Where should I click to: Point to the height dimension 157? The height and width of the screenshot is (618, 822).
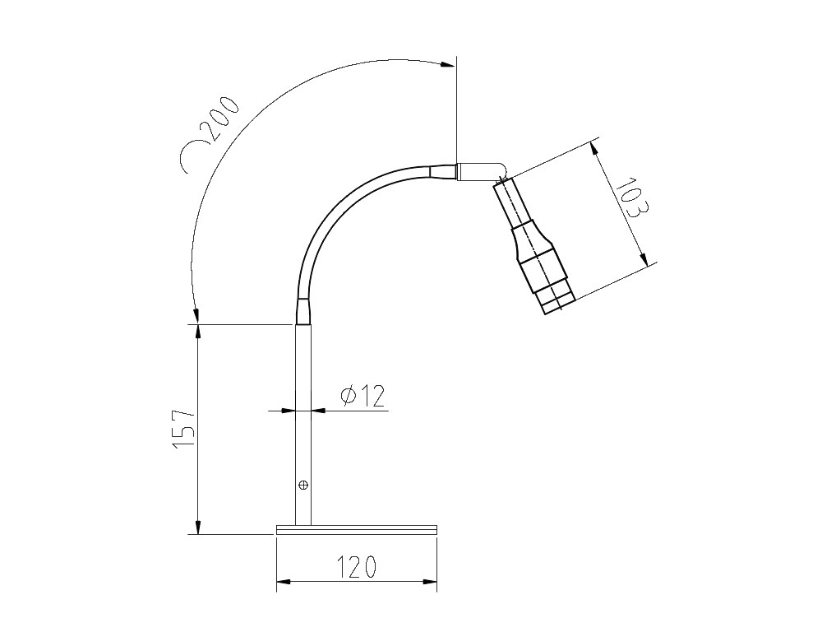click(x=183, y=427)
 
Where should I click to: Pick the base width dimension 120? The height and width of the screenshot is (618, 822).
click(x=357, y=566)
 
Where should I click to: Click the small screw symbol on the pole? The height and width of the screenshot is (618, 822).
click(x=303, y=485)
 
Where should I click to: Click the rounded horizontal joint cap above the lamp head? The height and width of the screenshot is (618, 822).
click(x=482, y=170)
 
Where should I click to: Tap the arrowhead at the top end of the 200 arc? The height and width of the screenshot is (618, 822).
click(x=449, y=64)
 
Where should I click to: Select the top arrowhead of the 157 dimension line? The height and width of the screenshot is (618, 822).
click(x=197, y=330)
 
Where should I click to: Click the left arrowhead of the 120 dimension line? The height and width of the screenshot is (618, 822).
click(x=283, y=583)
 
